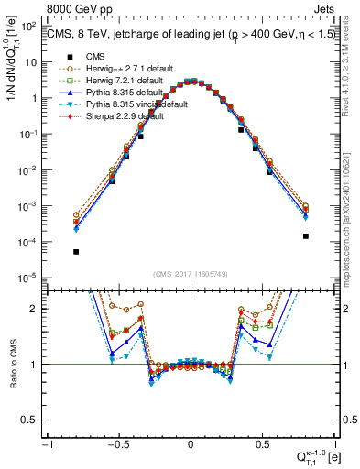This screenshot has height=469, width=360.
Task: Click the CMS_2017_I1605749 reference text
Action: [x=191, y=276]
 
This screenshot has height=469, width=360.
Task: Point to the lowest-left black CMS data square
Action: [x=76, y=252]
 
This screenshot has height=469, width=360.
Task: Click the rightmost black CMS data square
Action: [x=305, y=235]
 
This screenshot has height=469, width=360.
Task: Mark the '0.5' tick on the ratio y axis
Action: [x=33, y=420]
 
